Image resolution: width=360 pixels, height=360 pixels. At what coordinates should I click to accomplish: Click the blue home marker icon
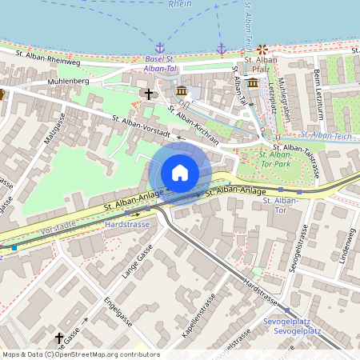(180, 173)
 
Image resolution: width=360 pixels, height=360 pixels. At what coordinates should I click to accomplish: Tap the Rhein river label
(180, 4)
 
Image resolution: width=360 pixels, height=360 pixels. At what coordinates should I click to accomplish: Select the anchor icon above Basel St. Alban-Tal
(159, 49)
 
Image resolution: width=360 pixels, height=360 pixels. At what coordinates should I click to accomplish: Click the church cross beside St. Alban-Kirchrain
(148, 94)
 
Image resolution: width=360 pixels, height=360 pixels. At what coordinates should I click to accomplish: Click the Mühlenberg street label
(69, 81)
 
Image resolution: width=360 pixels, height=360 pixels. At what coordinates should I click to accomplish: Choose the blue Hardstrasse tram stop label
(127, 225)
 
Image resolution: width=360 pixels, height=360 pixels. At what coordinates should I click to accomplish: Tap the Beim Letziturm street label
(318, 85)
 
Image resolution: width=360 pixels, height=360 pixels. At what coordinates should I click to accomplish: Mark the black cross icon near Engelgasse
(59, 338)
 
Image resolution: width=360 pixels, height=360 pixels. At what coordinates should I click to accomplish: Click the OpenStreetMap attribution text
(80, 354)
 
